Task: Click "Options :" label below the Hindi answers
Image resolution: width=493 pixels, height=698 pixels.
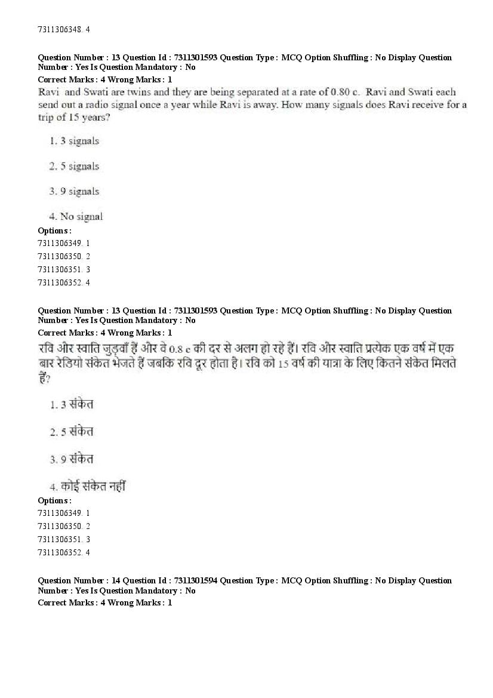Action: point(54,500)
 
